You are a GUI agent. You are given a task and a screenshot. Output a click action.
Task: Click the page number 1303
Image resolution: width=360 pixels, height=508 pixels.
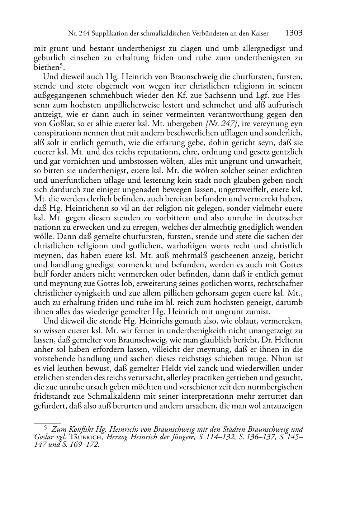[x=294, y=33]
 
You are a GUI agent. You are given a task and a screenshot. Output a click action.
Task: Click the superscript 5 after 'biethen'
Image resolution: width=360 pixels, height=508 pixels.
[x=61, y=65]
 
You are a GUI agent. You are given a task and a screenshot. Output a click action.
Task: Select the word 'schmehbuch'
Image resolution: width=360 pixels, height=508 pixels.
[x=110, y=95]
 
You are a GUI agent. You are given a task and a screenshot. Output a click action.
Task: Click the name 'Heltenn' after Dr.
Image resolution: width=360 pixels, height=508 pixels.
[x=289, y=340]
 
